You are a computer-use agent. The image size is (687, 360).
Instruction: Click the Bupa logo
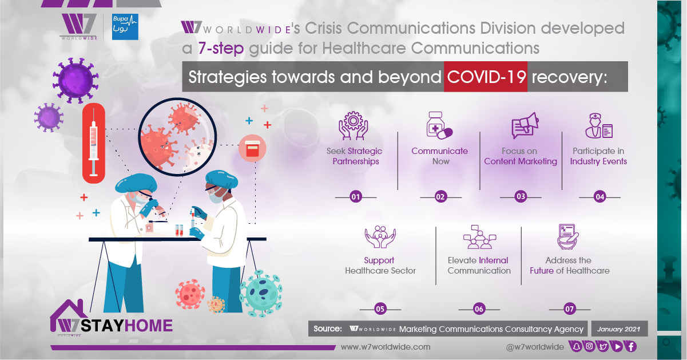click(125, 27)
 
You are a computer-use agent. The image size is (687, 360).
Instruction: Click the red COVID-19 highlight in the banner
click(486, 77)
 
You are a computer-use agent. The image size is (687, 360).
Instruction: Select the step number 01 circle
click(356, 197)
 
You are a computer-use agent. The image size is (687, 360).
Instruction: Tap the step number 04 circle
click(599, 197)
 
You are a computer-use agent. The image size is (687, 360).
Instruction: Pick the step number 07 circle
click(570, 308)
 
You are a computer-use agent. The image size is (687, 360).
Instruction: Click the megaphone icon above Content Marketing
click(525, 125)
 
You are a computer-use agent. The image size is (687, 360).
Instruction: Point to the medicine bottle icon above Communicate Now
click(439, 125)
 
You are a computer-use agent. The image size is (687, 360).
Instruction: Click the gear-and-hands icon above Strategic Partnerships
click(354, 125)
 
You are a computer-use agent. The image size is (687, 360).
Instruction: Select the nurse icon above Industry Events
click(599, 125)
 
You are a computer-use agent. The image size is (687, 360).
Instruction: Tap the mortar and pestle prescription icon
click(568, 236)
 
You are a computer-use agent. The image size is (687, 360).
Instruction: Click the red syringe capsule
click(94, 143)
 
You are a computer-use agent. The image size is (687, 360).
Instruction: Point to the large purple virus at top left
click(76, 80)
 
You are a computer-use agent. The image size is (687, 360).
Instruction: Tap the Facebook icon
click(630, 346)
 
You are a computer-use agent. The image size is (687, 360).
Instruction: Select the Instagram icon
click(589, 346)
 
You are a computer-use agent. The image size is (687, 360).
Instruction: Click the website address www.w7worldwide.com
click(386, 347)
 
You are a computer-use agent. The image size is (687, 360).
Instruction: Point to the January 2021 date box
click(620, 329)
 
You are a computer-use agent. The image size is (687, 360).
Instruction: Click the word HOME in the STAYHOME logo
click(149, 326)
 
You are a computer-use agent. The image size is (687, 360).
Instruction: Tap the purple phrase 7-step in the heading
click(221, 49)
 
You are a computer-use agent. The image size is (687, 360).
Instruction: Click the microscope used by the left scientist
click(155, 215)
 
